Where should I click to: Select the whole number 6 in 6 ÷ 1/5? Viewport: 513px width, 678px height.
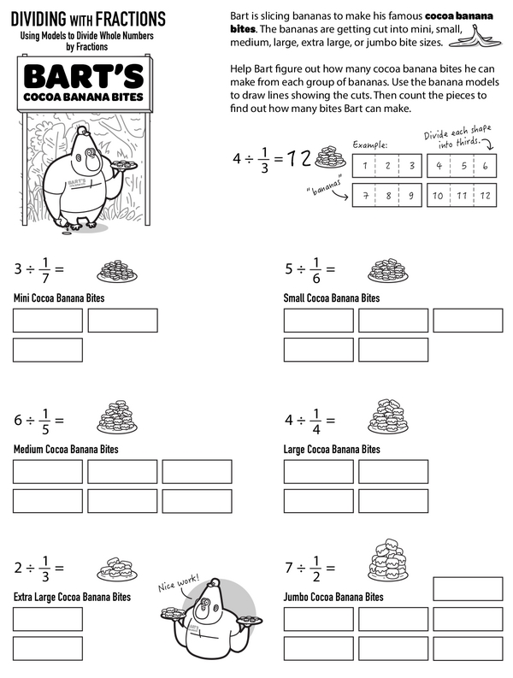pos(18,421)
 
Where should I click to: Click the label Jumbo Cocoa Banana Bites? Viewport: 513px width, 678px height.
pos(333,597)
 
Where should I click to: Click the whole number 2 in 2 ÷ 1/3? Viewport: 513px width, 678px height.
pos(18,568)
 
